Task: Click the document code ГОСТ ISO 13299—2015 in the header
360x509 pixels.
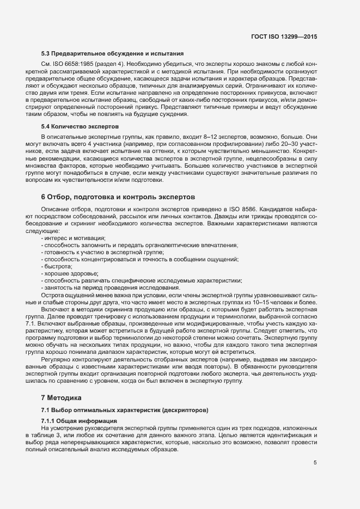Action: tap(284, 37)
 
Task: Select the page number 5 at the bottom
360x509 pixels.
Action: tap(315, 463)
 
